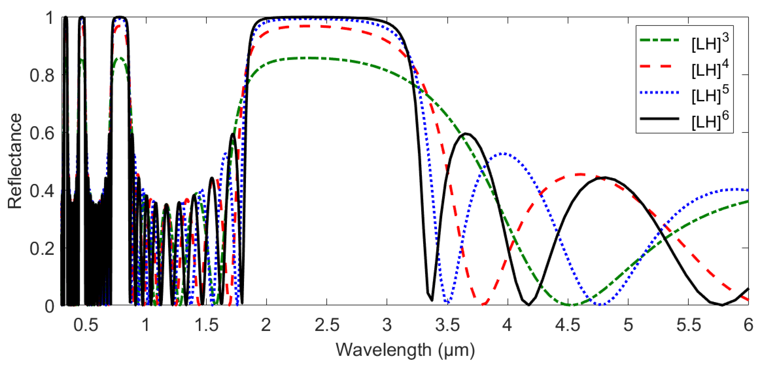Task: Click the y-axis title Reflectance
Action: coord(15,161)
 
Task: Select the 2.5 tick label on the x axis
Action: coord(327,325)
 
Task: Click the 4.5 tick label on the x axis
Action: coord(568,325)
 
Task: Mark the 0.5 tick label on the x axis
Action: coord(86,325)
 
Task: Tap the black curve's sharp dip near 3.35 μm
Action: coord(431,300)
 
